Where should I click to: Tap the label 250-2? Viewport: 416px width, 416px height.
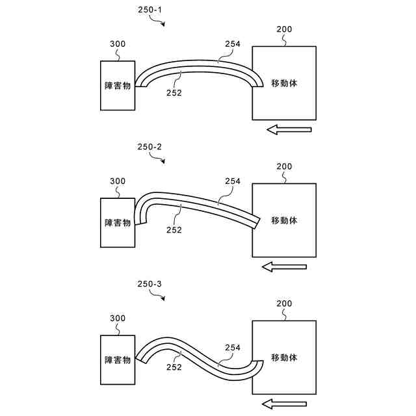coord(149,147)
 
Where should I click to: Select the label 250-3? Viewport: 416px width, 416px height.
coord(149,284)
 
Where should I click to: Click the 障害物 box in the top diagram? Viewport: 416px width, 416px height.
coord(118,85)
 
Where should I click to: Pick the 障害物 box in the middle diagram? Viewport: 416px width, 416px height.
coord(118,222)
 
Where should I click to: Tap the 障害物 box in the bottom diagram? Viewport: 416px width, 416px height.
coord(118,359)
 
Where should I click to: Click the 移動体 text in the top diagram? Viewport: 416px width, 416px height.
coord(284,83)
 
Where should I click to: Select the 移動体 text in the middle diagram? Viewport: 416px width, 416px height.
coord(284,220)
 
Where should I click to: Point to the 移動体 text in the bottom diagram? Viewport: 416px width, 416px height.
coord(284,357)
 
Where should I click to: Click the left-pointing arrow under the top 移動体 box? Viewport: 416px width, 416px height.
coord(289,130)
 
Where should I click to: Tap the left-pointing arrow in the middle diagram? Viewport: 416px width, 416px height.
coord(285,266)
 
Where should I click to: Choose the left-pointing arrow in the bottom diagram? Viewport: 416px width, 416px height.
coord(289,404)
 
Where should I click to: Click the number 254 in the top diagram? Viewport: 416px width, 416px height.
coord(233,44)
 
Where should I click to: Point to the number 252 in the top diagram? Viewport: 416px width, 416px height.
coord(174,92)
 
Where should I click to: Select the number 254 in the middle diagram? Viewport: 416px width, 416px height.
coord(233,181)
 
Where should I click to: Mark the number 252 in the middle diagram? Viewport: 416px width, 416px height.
coord(174,229)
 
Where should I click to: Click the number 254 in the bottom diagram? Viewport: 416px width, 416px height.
coord(233,347)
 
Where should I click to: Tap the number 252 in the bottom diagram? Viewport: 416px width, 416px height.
coord(174,366)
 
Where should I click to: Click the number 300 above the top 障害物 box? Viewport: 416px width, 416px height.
coord(118,44)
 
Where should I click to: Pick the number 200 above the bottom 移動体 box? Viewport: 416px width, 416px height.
coord(284,304)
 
